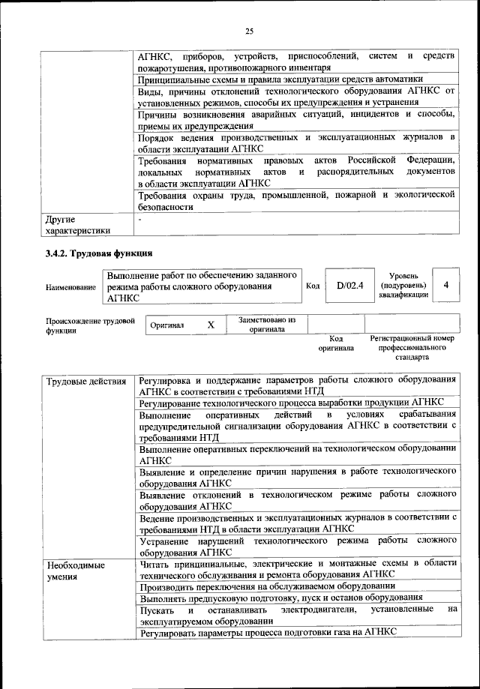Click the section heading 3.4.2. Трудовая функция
(x=99, y=253)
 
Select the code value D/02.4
(x=349, y=285)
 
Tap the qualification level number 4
(x=446, y=285)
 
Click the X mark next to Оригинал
(x=211, y=325)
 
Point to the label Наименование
(x=70, y=287)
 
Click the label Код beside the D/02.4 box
(x=313, y=286)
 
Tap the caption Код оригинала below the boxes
(x=336, y=343)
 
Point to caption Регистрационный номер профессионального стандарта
(x=412, y=348)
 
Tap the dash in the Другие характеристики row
(x=140, y=220)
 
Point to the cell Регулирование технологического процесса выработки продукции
(x=291, y=402)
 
